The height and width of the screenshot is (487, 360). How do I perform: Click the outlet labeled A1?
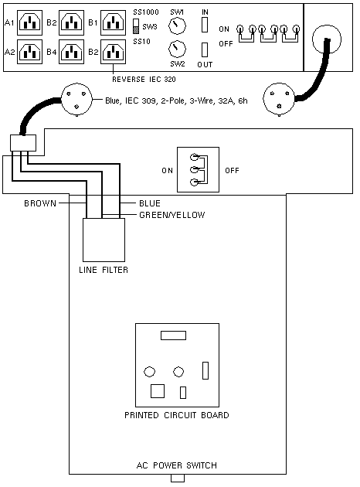(29, 22)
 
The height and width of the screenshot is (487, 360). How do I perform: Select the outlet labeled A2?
(29, 52)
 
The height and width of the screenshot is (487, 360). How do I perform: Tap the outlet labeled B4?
(71, 52)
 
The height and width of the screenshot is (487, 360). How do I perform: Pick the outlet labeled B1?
(113, 22)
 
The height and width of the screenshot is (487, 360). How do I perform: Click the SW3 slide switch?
(136, 27)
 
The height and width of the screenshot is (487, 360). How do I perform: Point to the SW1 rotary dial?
(177, 26)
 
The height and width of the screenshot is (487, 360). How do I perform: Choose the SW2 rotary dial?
(177, 49)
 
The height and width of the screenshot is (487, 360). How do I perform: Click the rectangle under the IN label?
(205, 25)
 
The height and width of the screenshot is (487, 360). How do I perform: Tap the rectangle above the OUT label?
(205, 49)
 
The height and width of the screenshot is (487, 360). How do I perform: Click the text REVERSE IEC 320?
(144, 80)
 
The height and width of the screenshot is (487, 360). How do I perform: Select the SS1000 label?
(146, 12)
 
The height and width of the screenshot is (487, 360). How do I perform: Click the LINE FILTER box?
(104, 240)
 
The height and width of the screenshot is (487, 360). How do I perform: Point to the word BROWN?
(40, 203)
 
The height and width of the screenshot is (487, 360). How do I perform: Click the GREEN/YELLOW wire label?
(172, 215)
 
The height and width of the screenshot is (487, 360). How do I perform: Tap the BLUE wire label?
(150, 203)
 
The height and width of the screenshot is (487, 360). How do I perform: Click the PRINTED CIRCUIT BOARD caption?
(177, 415)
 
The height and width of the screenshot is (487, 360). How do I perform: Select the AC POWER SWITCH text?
(177, 465)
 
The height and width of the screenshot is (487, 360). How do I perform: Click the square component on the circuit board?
(158, 391)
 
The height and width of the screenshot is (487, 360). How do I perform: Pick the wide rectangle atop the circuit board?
(174, 335)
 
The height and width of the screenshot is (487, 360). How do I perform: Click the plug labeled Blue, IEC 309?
(76, 100)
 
